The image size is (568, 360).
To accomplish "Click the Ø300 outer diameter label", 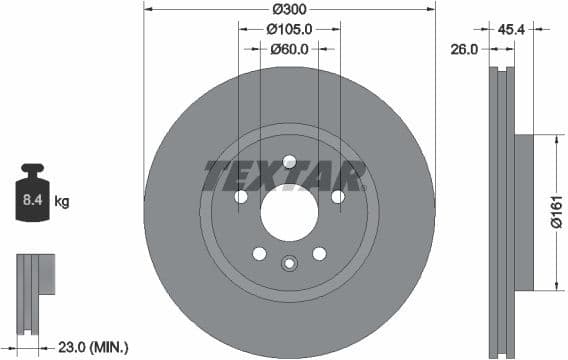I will [289, 9].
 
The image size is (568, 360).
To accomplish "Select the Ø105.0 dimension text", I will [290, 29].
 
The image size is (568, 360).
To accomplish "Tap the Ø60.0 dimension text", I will [290, 48].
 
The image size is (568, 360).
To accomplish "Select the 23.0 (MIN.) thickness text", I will [95, 347].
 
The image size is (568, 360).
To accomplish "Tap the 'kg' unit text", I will [62, 201].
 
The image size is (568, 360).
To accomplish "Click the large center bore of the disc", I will [289, 212].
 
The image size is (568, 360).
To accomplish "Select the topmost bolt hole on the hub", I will [289, 161].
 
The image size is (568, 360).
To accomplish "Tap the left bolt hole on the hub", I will [241, 197].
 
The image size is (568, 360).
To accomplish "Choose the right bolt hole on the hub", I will [338, 197].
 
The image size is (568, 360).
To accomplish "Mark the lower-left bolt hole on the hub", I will [259, 253].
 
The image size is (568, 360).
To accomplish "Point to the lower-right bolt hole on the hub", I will [319, 253].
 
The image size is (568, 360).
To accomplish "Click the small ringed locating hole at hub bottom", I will [289, 264].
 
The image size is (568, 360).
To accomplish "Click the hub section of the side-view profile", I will [523, 212].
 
